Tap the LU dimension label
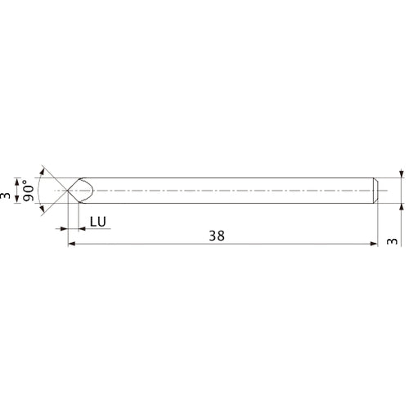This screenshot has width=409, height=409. (x=97, y=222)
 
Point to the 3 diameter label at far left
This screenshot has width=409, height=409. (x=7, y=196)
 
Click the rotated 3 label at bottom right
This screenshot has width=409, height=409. (x=390, y=242)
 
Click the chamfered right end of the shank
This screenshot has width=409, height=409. (x=375, y=191)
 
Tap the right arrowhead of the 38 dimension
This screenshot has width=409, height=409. (x=373, y=244)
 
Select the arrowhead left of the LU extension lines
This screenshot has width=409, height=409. (x=62, y=230)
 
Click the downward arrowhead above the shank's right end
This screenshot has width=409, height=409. (x=401, y=174)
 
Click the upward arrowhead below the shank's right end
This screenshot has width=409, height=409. (x=401, y=207)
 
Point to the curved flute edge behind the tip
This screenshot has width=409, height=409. (x=91, y=191)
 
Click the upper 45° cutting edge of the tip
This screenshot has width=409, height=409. (x=73, y=184)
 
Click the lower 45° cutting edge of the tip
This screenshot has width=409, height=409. (x=73, y=198)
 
